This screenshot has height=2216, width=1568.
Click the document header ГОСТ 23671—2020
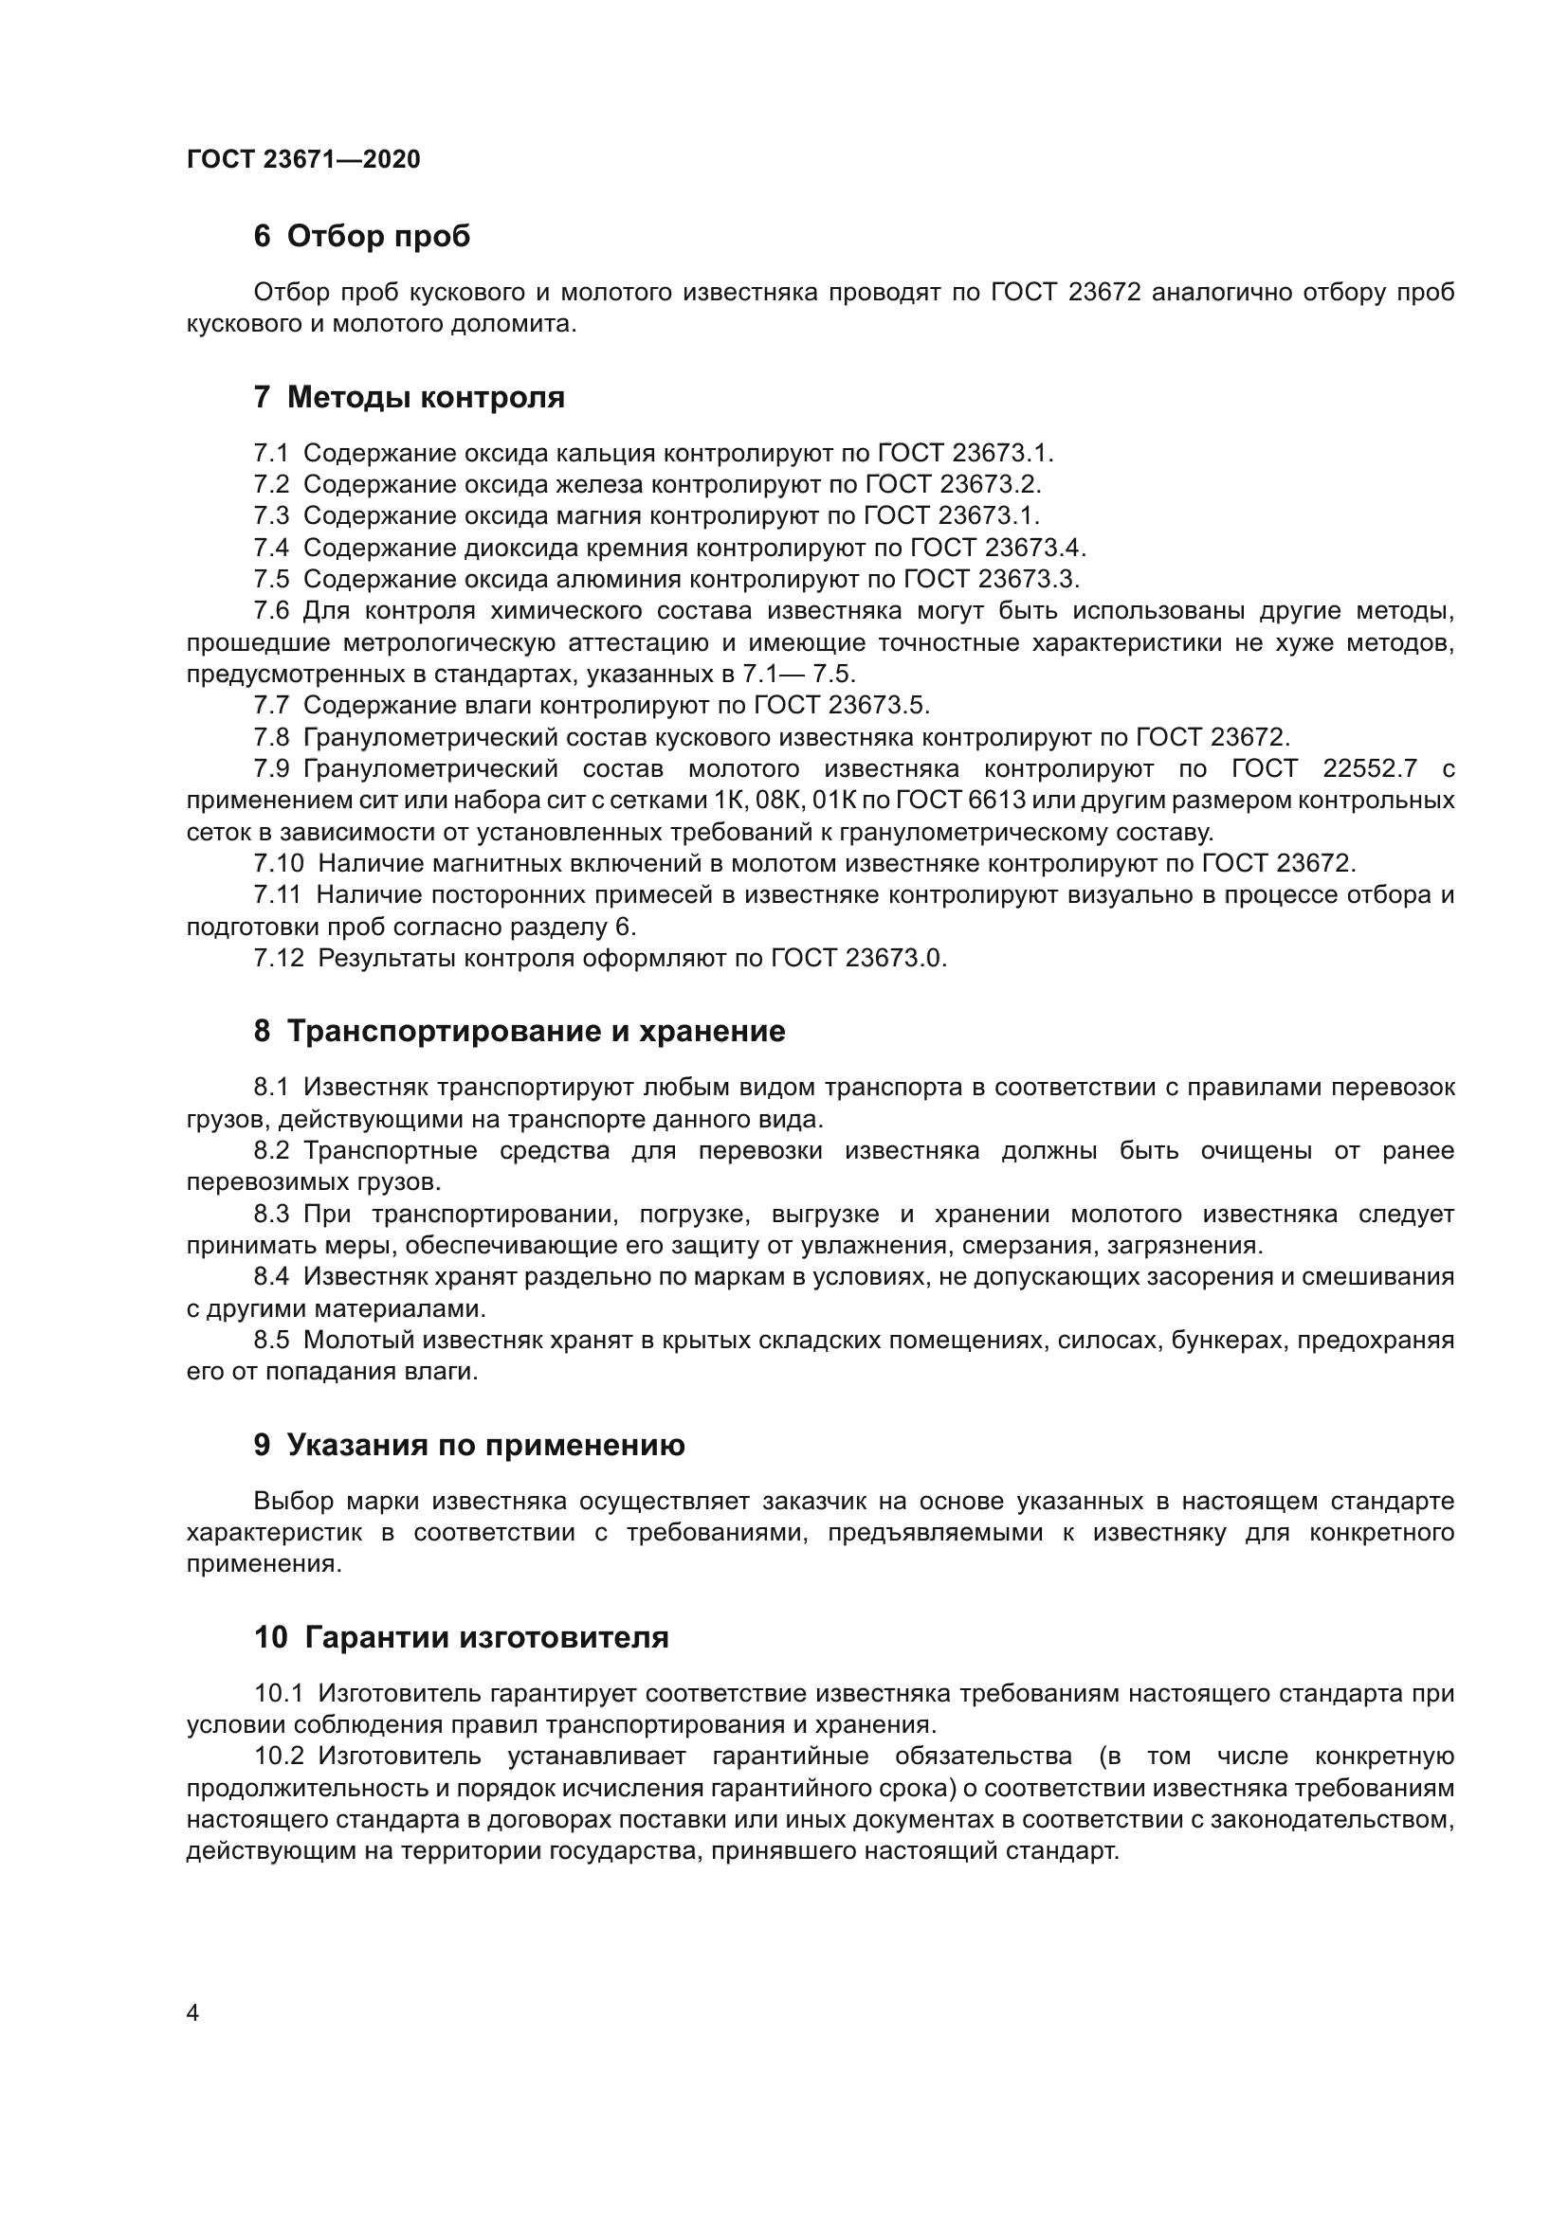coord(303,159)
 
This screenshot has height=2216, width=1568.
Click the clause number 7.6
coord(271,611)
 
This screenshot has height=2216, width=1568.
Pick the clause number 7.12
coord(278,959)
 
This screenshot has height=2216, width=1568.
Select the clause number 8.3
coord(271,1215)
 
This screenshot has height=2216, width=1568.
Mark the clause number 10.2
coord(278,1757)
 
